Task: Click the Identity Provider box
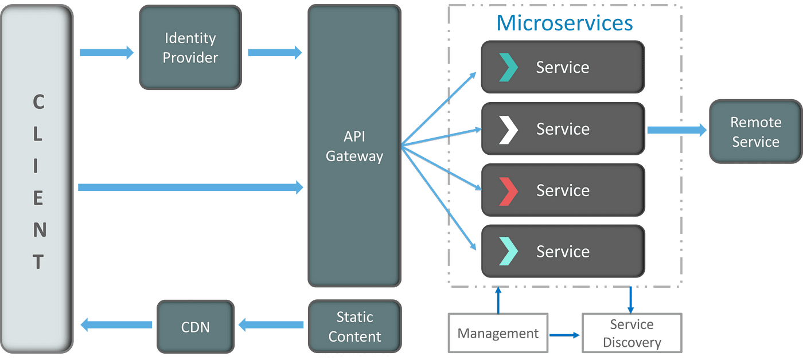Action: (190, 47)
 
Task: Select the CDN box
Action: (196, 327)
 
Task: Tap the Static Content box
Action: (354, 326)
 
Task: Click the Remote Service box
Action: (756, 131)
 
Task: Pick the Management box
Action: (498, 333)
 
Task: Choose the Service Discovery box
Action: (632, 333)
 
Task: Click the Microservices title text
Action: (564, 23)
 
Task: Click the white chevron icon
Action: (508, 130)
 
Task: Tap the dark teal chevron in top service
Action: (508, 67)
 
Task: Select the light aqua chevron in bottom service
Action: (508, 251)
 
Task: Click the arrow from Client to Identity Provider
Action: (107, 53)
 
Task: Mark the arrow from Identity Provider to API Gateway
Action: (275, 53)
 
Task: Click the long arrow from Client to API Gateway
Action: (190, 187)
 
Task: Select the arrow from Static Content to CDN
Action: (271, 325)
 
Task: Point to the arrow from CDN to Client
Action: (116, 325)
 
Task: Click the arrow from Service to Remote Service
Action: (677, 130)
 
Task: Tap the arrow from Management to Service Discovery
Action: (564, 335)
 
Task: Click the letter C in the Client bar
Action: (39, 101)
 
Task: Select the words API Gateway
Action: (354, 146)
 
